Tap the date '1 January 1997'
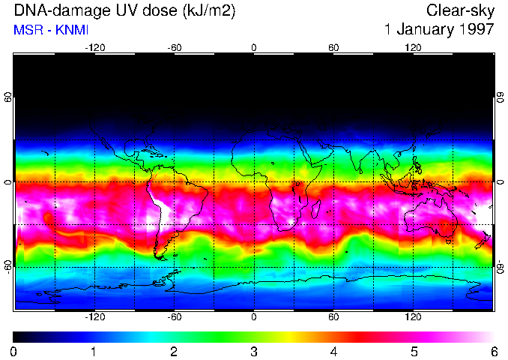(438, 30)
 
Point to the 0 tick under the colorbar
(13, 351)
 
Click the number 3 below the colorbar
(253, 351)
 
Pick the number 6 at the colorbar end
(493, 351)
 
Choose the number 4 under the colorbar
(333, 351)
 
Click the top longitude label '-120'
(94, 47)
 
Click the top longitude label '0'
(254, 47)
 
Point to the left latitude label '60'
(7, 99)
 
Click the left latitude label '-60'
(7, 266)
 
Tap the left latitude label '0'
(7, 182)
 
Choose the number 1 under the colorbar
(94, 351)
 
